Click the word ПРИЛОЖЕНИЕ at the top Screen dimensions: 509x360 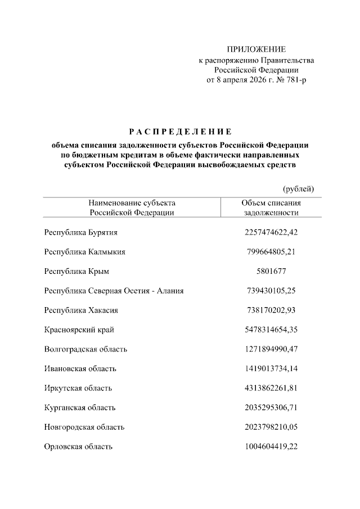tap(256, 49)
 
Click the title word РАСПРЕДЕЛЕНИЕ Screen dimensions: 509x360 tap(180, 132)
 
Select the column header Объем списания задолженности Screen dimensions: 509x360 tap(271, 208)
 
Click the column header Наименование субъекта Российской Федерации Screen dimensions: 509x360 tap(132, 208)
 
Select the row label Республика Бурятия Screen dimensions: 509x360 tap(81, 232)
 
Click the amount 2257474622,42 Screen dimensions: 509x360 tap(271, 232)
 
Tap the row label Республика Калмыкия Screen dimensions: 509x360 tap(85, 251)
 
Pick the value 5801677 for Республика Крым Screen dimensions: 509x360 tap(271, 271)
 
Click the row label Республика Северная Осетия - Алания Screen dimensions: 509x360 tap(114, 291)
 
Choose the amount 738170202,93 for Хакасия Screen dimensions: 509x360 tap(271, 310)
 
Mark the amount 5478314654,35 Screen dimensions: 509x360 tap(271, 330)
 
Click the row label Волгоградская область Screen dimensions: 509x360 tap(86, 349)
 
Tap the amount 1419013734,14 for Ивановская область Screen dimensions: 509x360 tap(271, 368)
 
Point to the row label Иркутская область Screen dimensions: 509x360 tap(78, 388)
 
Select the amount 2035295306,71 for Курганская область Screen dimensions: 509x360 tap(271, 407)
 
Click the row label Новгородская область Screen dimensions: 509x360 tap(84, 427)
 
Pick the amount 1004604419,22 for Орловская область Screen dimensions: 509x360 tap(271, 447)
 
